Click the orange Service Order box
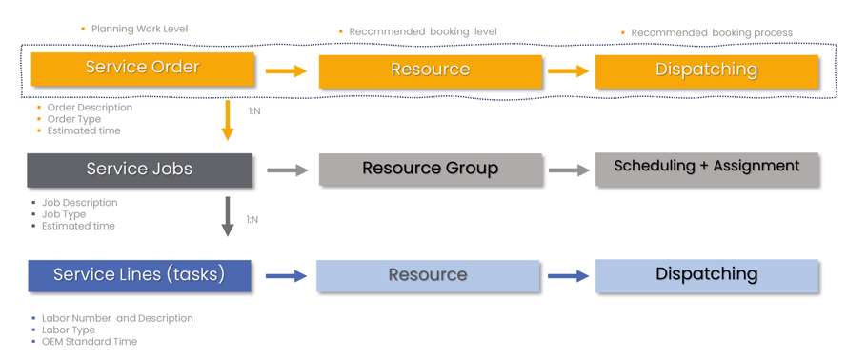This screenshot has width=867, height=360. point(143,69)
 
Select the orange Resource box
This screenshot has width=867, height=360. point(430,70)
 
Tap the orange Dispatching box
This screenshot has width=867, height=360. point(706,70)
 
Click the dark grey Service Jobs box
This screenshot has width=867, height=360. point(139,170)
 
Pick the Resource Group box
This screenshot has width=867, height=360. point(430,170)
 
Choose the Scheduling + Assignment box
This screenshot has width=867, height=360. point(706,168)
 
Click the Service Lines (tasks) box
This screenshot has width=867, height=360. point(139,275)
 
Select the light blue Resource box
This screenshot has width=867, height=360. point(428,275)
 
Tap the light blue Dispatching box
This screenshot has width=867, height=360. point(706,275)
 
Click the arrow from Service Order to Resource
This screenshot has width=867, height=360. point(286,70)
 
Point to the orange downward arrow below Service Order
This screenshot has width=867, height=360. point(227,119)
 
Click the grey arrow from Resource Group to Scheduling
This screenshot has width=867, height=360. point(569,170)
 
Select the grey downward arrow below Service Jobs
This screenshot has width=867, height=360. point(227,216)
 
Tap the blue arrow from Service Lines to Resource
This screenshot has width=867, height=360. point(285,276)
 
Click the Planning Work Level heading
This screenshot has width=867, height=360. point(139,29)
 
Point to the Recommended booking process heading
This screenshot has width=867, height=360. point(711,32)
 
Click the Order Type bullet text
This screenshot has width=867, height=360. point(73,119)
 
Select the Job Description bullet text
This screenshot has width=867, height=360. point(79,203)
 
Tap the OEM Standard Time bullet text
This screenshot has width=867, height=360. point(89,341)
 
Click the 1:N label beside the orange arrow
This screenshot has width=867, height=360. point(254,111)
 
